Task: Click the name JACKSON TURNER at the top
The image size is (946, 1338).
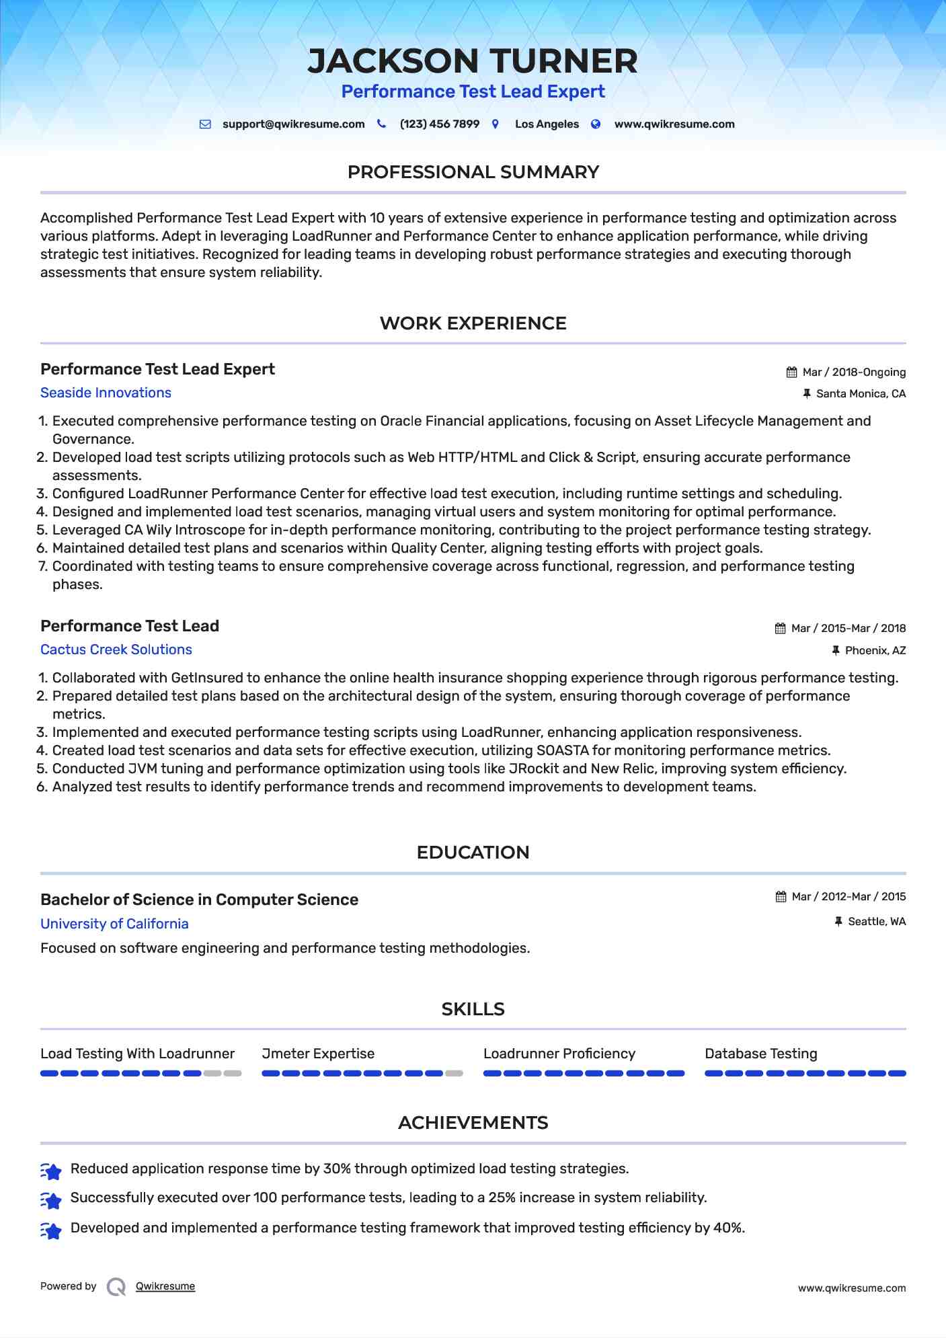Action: pos(473,61)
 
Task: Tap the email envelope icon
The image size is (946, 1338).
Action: pos(205,124)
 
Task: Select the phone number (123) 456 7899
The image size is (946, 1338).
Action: pos(439,124)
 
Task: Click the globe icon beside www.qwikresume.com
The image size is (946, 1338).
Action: pos(596,124)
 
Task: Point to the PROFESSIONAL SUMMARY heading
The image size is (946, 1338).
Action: pos(473,172)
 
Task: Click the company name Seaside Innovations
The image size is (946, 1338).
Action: pos(106,393)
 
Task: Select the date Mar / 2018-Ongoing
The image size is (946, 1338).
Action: pos(854,372)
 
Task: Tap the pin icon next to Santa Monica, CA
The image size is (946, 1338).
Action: pos(807,394)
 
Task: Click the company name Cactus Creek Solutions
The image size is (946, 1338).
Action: pos(116,650)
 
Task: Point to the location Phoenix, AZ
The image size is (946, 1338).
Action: pos(875,651)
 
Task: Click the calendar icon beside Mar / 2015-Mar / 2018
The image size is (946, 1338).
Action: pos(780,629)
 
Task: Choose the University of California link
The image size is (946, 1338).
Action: pos(114,924)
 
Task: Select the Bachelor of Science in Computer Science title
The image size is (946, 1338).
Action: pos(199,900)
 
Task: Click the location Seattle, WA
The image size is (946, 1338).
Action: pos(877,922)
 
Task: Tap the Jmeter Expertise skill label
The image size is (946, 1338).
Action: pos(318,1054)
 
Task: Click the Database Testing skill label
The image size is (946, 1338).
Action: pos(760,1054)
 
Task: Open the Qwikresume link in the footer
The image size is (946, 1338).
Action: pos(165,1286)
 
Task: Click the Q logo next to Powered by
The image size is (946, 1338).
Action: pos(116,1287)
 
